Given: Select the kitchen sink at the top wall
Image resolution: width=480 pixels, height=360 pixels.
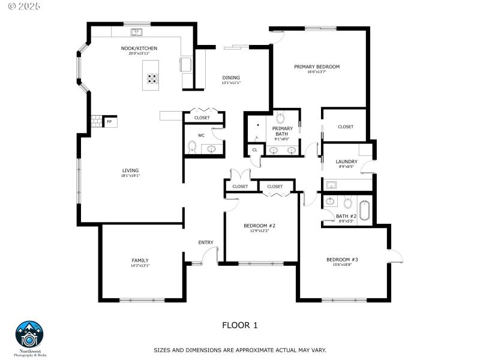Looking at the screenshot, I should click(x=136, y=31).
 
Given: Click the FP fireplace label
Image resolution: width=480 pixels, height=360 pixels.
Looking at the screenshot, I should click(x=109, y=122).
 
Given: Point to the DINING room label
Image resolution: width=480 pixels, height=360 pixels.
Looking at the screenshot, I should click(x=231, y=77).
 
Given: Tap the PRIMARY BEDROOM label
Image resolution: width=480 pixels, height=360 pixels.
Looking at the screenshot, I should click(x=317, y=67).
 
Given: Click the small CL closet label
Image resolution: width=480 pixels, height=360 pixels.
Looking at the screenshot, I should click(x=254, y=149).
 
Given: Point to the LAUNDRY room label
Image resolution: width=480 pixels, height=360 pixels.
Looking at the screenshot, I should click(x=346, y=161).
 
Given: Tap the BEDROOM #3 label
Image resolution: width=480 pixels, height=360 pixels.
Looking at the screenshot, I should click(x=342, y=259).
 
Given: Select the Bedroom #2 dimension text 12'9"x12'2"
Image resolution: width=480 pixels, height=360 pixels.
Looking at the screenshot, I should click(x=259, y=231).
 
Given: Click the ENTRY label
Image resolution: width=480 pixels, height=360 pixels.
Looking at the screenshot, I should click(x=206, y=242).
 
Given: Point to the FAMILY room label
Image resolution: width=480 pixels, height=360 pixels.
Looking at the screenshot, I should click(x=140, y=260).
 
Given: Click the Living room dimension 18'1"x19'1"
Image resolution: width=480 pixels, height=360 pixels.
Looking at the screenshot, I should click(x=130, y=176).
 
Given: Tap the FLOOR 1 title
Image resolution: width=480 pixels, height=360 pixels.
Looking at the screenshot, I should click(x=239, y=325).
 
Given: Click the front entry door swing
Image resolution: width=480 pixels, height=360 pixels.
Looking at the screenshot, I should click(x=209, y=257).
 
